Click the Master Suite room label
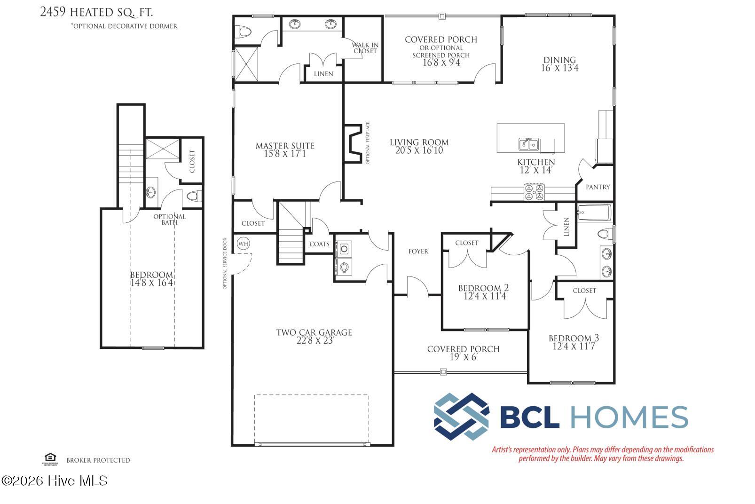pos(285,146)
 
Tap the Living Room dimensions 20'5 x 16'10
pos(419,151)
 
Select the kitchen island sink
pos(528,144)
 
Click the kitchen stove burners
pos(534,192)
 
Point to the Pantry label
pos(598,187)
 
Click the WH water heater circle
pos(243,244)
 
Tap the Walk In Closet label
pos(365,48)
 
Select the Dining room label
pos(559,60)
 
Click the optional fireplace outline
pos(353,143)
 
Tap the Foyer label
pos(418,252)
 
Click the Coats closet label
pos(319,244)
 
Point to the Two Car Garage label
pos(314,332)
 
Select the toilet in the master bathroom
pos(244,32)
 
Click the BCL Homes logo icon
pos(461,416)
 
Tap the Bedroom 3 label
pos(574,338)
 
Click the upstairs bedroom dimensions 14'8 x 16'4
pos(151,283)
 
